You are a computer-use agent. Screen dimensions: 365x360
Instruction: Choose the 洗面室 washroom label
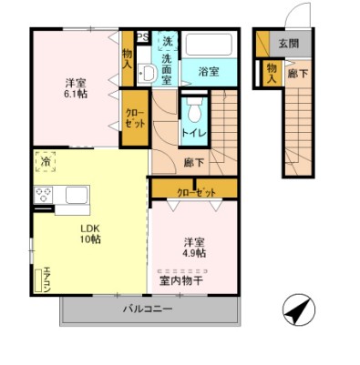pos(167,70)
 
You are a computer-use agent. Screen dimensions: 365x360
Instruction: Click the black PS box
pos(141,37)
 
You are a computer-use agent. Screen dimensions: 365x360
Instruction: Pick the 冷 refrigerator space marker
pos(46,163)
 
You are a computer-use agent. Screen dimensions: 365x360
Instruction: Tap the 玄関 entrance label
pos(288,43)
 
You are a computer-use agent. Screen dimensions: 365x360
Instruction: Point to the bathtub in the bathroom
pos(210,46)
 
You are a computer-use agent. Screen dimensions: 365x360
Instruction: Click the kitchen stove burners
pos(44,194)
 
